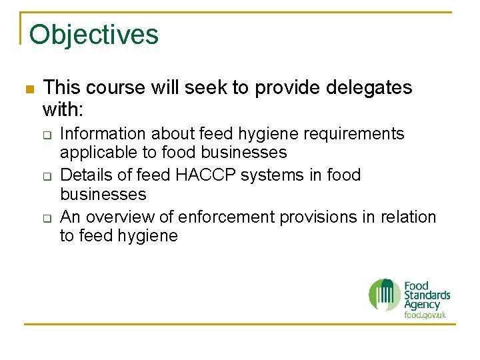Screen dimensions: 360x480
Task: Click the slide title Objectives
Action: coord(94,34)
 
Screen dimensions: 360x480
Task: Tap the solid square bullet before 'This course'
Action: coord(29,89)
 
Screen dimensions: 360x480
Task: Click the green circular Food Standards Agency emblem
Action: coord(385,295)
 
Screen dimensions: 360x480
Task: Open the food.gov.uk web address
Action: coord(425,315)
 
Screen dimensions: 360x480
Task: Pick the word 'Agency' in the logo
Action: coord(422,305)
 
